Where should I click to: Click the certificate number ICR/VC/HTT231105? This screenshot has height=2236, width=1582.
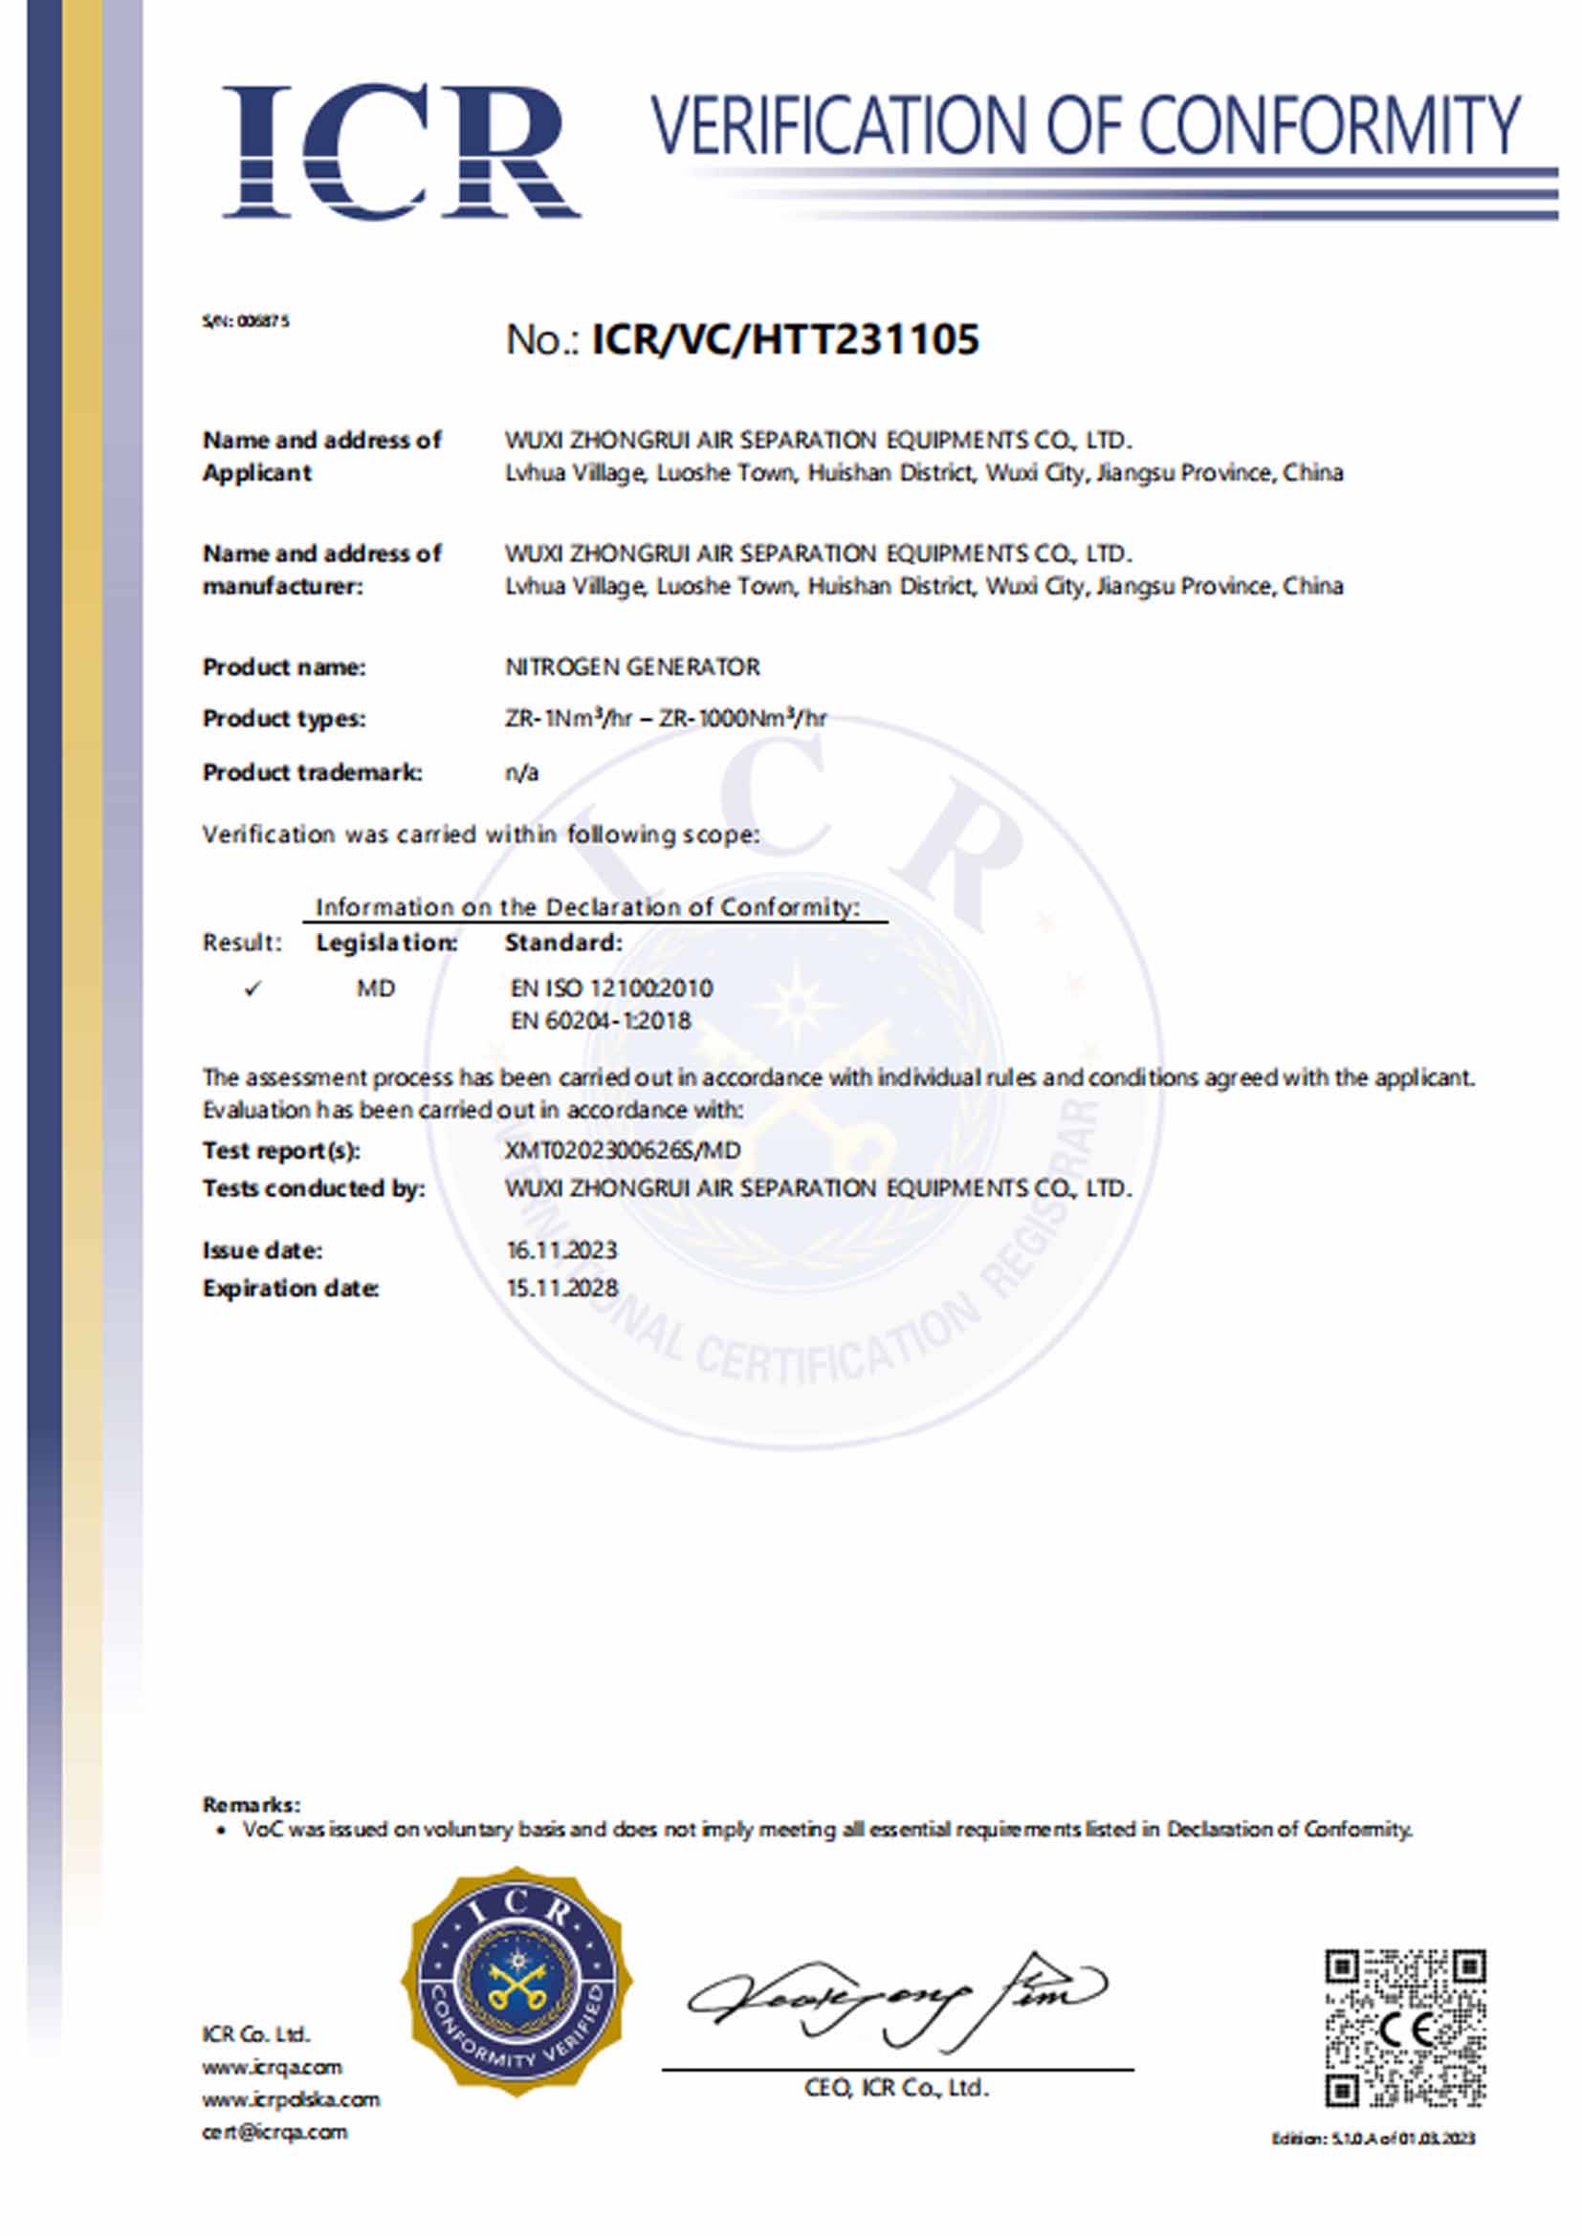pyautogui.click(x=785, y=340)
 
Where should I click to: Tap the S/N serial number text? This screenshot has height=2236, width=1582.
pyautogui.click(x=246, y=320)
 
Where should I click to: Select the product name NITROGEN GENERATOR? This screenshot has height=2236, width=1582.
pyautogui.click(x=632, y=667)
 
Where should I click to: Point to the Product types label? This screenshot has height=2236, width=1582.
pyautogui.click(x=283, y=719)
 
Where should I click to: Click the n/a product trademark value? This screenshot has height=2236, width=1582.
pyautogui.click(x=521, y=772)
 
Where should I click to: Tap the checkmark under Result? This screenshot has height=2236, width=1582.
pyautogui.click(x=253, y=988)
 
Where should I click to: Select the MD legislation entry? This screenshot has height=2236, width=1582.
pyautogui.click(x=375, y=988)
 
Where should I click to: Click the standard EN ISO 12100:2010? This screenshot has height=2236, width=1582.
pyautogui.click(x=611, y=988)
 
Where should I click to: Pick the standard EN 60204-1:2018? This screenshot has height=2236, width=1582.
pyautogui.click(x=600, y=1021)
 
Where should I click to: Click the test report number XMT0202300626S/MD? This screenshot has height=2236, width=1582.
pyautogui.click(x=623, y=1150)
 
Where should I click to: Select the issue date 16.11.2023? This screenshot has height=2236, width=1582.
pyautogui.click(x=561, y=1250)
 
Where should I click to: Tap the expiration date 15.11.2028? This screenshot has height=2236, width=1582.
pyautogui.click(x=562, y=1289)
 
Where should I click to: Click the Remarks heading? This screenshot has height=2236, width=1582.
pyautogui.click(x=252, y=1805)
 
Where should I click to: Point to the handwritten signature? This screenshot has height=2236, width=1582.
pyautogui.click(x=896, y=1996)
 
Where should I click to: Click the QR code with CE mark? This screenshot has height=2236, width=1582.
pyautogui.click(x=1405, y=2028)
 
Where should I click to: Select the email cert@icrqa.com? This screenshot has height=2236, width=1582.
pyautogui.click(x=275, y=2132)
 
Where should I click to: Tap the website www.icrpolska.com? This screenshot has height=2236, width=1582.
pyautogui.click(x=291, y=2099)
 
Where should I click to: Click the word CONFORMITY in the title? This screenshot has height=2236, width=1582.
pyautogui.click(x=1329, y=124)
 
